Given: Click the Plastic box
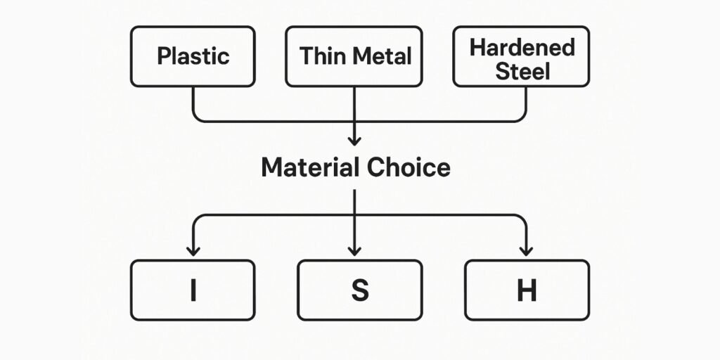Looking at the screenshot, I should pos(193,56).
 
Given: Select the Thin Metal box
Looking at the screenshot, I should pos(354,56).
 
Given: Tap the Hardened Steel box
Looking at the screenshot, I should pos(521,56).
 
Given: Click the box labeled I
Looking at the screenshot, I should pos(193,290).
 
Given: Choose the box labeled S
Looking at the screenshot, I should pos(359,290).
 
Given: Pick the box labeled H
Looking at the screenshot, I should pos(527,290).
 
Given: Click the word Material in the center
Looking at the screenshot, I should pos(309,167).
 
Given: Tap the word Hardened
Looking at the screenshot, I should pos(522,47).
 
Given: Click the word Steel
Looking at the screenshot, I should pos(522,70).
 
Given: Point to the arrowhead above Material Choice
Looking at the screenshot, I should pos(354,141).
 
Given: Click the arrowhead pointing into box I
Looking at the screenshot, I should pos(193,250).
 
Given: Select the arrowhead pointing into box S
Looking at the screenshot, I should pos(354,250).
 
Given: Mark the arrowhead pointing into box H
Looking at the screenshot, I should pos(526,250).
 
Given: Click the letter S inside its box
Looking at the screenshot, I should pos(359,290).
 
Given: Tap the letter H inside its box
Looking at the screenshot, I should pos(527,290).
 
